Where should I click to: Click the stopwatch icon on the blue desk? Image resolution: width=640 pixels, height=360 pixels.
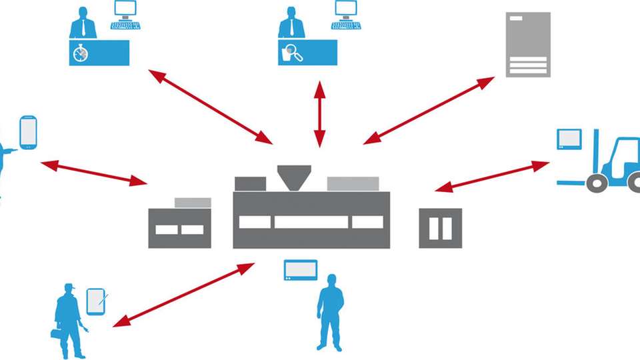coord(81,53)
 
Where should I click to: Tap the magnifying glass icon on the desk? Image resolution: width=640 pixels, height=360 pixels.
coord(292,53)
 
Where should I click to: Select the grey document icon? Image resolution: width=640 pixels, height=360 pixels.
coord(528,44)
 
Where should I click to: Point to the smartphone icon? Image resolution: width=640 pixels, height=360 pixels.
coord(28,131)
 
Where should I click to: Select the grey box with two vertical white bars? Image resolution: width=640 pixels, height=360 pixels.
coord(440,228)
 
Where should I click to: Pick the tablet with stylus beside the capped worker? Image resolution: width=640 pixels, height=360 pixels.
coord(96,301)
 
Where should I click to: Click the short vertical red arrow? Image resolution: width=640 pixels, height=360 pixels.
coord(320,114)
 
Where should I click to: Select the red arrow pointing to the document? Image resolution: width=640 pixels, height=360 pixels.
coord(429,110)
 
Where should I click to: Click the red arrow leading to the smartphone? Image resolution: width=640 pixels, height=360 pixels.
coord(94,172)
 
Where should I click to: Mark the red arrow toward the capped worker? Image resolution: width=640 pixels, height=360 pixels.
coord(183,295)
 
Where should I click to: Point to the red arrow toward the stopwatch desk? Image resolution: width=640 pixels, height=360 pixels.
coord(210,107)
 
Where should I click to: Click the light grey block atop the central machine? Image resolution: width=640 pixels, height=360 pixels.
coord(353,183)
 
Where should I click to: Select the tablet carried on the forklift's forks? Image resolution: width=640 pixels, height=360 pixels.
coord(569,139)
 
